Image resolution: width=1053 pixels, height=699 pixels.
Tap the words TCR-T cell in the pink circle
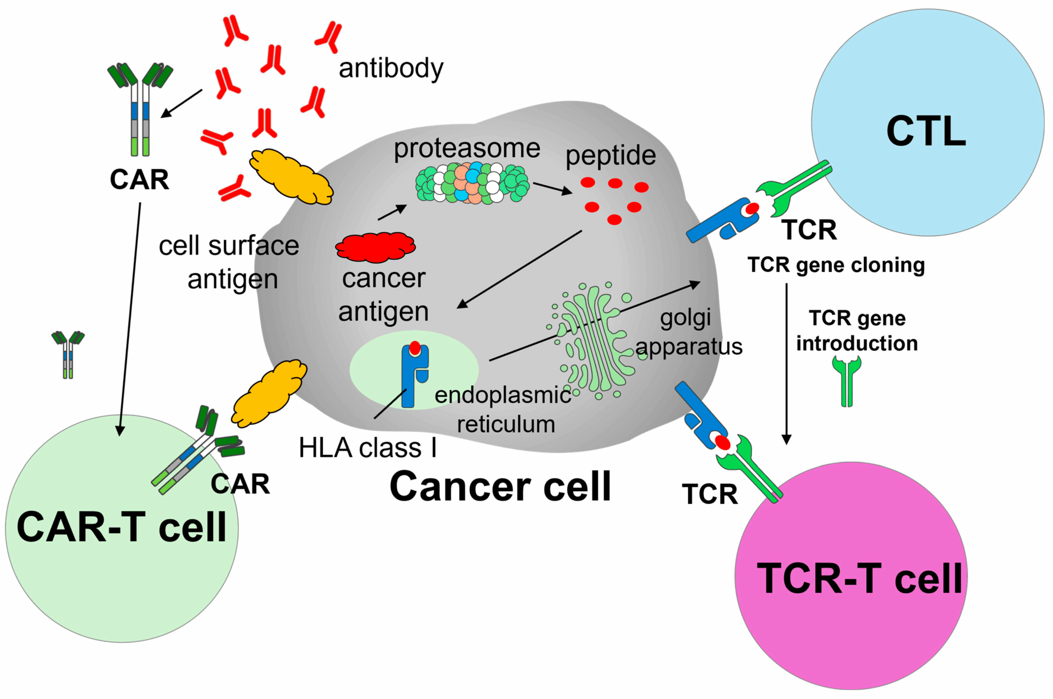click(x=859, y=578)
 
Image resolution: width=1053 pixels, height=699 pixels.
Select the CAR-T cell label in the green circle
click(x=121, y=527)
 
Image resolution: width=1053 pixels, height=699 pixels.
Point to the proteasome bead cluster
click(x=472, y=183)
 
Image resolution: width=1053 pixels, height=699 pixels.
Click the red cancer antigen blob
click(x=376, y=247)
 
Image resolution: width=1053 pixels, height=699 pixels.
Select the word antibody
click(x=391, y=69)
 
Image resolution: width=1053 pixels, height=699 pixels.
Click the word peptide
click(x=611, y=156)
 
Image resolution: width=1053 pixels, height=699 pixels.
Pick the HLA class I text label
click(x=367, y=447)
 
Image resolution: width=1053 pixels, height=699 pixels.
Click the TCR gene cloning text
click(x=836, y=265)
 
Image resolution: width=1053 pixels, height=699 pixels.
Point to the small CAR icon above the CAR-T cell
click(x=68, y=354)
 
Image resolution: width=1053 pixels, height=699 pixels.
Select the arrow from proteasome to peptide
click(x=552, y=188)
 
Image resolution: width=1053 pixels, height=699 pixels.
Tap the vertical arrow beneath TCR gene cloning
click(x=786, y=364)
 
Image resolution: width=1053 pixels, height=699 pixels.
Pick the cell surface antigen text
click(x=229, y=263)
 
